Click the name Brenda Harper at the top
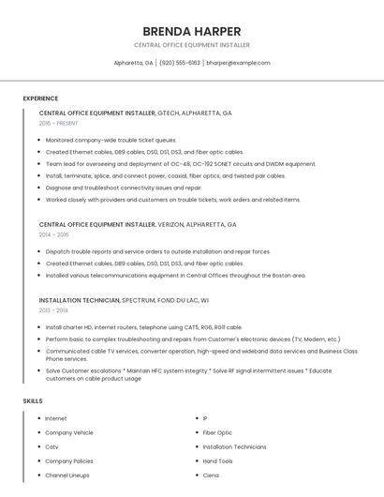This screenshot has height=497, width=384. (x=191, y=31)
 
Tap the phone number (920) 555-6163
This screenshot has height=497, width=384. (x=180, y=63)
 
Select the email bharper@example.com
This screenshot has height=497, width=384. (x=238, y=63)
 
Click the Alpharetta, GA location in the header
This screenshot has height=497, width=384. (x=133, y=63)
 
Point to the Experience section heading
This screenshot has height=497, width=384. (x=40, y=98)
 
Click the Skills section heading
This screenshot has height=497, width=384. (x=33, y=400)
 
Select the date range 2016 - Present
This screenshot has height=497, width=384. (x=58, y=123)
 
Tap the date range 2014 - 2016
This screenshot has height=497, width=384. (x=53, y=235)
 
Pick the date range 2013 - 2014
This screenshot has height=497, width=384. (x=53, y=309)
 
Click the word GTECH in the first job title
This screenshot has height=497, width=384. (x=170, y=113)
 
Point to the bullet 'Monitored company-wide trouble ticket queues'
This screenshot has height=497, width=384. (x=111, y=140)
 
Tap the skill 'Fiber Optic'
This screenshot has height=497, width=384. (x=217, y=432)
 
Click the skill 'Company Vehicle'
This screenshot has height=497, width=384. (x=69, y=432)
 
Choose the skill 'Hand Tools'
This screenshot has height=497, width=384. (x=218, y=461)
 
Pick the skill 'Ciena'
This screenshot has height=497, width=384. (x=211, y=475)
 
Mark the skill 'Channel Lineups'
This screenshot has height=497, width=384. (x=67, y=475)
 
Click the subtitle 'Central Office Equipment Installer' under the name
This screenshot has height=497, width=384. (x=191, y=45)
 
